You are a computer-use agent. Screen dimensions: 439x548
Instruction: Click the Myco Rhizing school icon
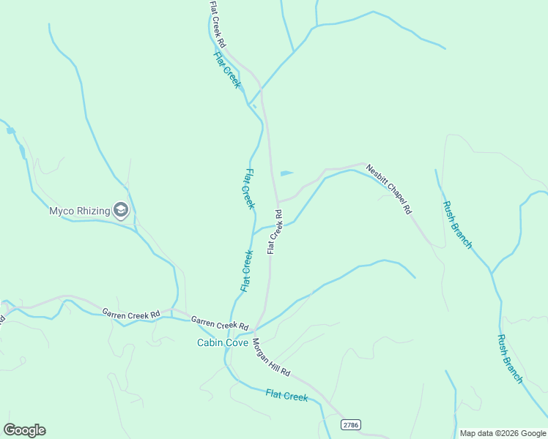121,211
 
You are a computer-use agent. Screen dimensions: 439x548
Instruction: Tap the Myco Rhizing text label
79,211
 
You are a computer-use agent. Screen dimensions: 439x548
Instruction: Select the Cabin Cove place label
222,342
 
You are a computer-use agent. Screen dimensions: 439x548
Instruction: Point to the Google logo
24,430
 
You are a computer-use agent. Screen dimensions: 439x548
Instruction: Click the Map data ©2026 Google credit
503,433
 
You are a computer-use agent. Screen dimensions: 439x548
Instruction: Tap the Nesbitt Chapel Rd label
389,189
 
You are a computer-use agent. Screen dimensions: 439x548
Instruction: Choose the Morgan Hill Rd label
271,357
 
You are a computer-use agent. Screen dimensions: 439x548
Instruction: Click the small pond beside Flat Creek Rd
286,173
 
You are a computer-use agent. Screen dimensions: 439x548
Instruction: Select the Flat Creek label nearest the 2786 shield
286,396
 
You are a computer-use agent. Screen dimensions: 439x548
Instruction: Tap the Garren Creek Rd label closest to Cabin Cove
220,323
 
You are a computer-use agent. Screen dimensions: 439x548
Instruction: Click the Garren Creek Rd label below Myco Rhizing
130,314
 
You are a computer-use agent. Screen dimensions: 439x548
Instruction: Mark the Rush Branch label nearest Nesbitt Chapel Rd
457,225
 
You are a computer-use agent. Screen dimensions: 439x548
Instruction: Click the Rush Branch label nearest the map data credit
510,359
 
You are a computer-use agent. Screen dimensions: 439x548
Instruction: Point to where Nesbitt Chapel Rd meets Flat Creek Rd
277,202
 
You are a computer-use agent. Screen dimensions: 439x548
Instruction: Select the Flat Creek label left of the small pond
249,189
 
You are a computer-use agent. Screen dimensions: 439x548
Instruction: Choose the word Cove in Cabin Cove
236,342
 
